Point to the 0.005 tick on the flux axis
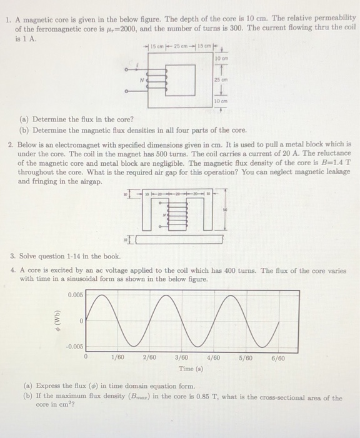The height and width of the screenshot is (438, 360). pos(74,294)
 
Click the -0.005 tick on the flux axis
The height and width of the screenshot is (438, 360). pos(72,345)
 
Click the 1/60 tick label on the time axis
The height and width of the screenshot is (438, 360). pos(117,358)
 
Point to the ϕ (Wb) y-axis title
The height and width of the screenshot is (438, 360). pos(57,319)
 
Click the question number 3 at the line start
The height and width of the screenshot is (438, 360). pos(12,257)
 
